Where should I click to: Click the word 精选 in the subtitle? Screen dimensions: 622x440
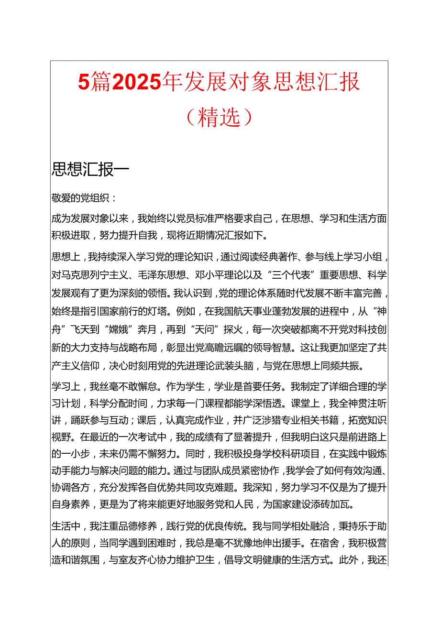coord(219,117)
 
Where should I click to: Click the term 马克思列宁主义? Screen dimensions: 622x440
coord(92,274)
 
